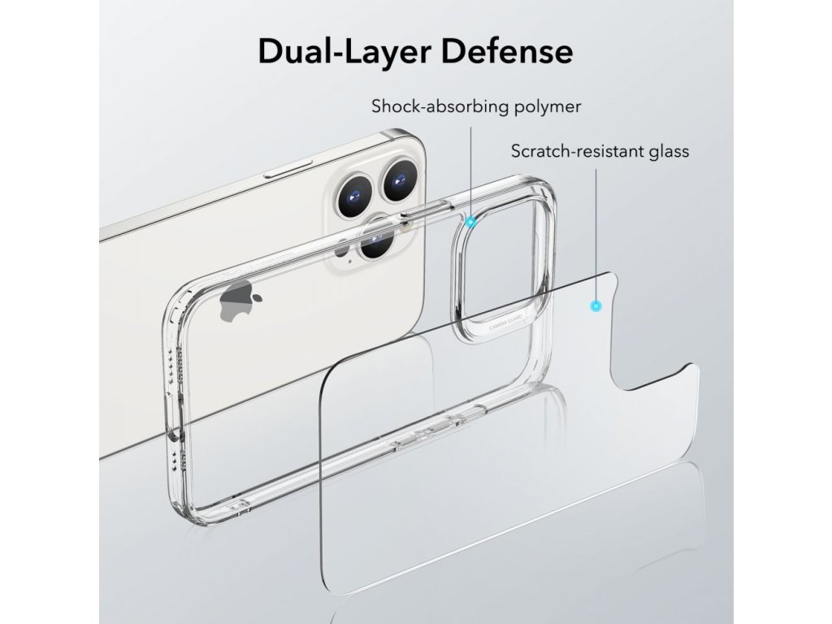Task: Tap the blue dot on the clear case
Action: pyautogui.click(x=472, y=221)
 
